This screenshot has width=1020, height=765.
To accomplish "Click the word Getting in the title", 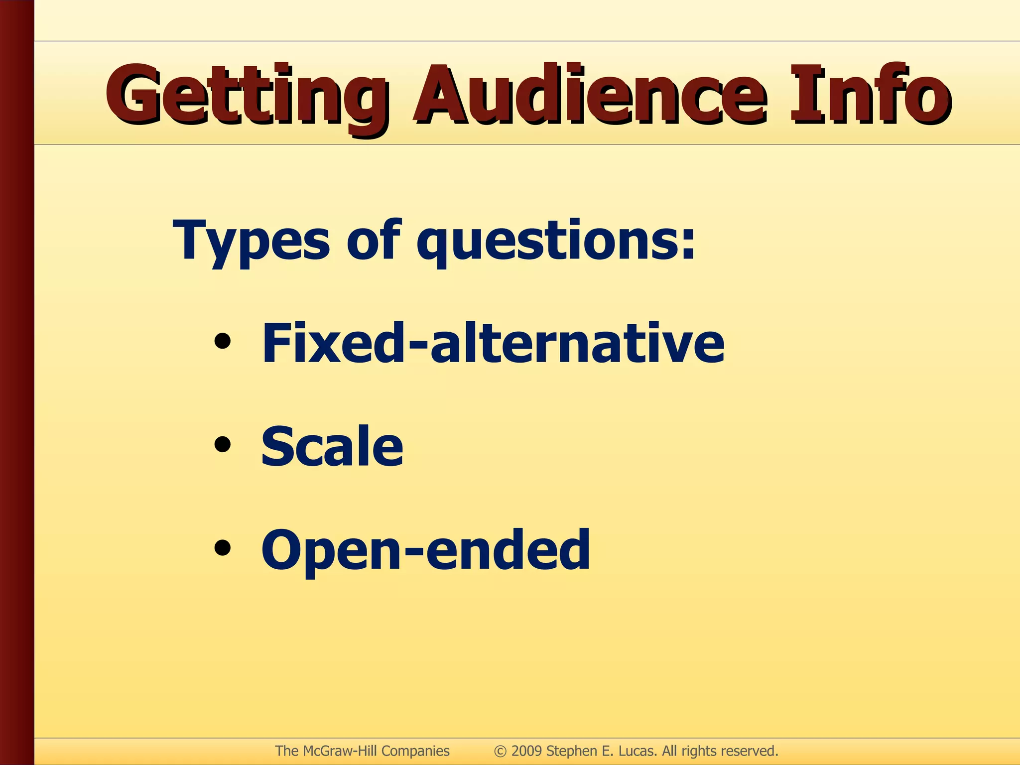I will (244, 97).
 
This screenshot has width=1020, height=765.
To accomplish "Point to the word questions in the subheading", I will (545, 242).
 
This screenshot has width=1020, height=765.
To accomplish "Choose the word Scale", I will (332, 446).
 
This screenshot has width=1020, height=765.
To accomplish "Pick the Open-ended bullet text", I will (425, 550).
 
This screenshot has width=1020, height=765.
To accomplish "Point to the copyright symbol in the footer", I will (500, 752).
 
